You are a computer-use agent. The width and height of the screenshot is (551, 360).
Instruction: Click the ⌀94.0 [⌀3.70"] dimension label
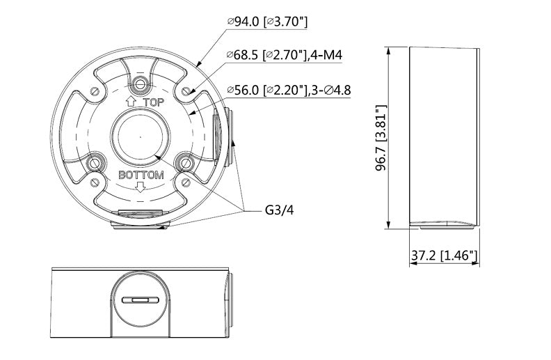coord(267,22)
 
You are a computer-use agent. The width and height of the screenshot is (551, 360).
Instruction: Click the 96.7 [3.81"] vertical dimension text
coord(380,137)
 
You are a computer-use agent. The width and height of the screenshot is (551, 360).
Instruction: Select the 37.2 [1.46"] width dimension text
coord(443,256)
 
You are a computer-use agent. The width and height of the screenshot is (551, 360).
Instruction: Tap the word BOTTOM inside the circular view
coord(141,175)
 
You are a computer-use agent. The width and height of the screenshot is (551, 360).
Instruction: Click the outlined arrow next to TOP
coord(130,102)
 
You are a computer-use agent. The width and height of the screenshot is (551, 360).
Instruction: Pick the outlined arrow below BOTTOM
coord(141,187)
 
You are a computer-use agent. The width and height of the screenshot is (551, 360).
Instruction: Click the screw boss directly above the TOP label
coord(141,85)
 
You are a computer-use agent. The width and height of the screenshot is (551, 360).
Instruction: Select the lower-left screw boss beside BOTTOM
coord(96,163)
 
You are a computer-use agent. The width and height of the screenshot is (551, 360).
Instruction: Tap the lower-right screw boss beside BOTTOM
coord(184,163)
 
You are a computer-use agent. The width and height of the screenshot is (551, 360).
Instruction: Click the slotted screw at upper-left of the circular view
coord(93,91)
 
